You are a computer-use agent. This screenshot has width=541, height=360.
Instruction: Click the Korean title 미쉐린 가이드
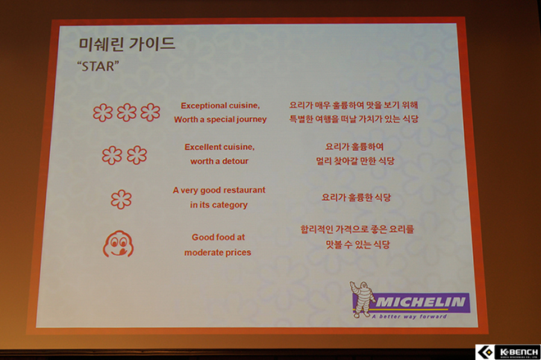click(x=127, y=44)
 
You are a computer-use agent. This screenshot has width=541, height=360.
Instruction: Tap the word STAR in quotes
click(x=98, y=66)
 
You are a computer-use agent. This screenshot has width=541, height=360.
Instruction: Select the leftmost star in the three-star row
click(x=102, y=112)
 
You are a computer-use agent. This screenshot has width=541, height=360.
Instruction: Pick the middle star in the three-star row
click(x=126, y=112)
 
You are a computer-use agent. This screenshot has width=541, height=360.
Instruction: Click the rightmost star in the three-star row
click(x=151, y=112)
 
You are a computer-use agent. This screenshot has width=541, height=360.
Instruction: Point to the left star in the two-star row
click(x=112, y=155)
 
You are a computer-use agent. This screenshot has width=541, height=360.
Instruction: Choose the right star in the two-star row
click(x=137, y=155)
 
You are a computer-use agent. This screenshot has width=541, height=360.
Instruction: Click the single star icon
click(x=121, y=199)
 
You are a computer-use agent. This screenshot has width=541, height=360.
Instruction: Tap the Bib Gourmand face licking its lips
click(x=118, y=244)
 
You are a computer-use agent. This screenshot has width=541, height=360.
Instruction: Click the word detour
click(x=235, y=162)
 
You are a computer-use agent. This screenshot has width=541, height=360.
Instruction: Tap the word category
click(x=230, y=205)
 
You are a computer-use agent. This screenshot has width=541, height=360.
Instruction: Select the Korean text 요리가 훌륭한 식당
click(x=356, y=198)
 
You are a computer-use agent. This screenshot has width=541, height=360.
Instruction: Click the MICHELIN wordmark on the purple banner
click(x=421, y=303)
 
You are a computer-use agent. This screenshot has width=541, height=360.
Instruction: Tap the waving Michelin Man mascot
click(x=362, y=299)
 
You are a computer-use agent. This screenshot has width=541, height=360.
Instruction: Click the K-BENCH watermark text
click(x=519, y=352)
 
